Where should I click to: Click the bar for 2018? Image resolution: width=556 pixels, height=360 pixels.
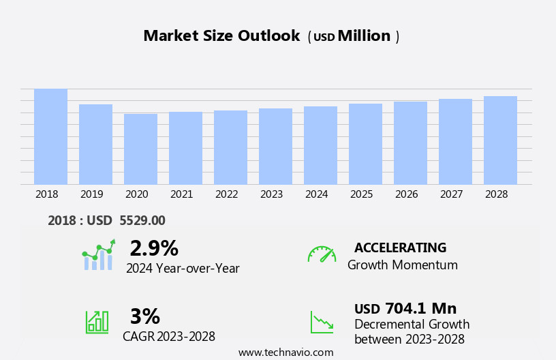click(x=51, y=136)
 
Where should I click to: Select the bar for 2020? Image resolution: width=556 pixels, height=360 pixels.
click(x=140, y=149)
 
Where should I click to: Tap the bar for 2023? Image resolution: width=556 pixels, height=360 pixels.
click(x=275, y=146)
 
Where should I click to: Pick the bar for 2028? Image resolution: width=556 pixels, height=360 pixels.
click(x=500, y=140)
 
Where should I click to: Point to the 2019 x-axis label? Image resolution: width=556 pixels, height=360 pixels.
click(x=91, y=194)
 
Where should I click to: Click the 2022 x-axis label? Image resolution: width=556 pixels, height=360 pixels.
click(x=226, y=194)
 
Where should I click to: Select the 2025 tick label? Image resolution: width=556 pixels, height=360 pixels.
click(x=361, y=194)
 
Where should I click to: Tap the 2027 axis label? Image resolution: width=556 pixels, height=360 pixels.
click(x=451, y=194)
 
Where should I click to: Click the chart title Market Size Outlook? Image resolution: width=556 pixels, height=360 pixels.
click(x=221, y=36)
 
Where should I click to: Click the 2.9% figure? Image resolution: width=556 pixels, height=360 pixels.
click(x=154, y=248)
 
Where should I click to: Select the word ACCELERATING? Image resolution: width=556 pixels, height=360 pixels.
click(x=400, y=247)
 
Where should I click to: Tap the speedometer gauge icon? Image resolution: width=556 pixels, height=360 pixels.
click(x=322, y=254)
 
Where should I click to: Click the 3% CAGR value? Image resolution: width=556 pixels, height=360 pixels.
click(x=144, y=316)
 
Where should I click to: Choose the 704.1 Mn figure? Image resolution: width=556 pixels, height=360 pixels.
click(x=420, y=309)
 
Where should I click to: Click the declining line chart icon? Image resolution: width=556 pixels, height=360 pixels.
click(x=322, y=322)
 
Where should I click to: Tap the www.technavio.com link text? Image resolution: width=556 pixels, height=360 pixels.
click(x=285, y=352)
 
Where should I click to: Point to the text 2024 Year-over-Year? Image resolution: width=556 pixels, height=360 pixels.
click(x=183, y=269)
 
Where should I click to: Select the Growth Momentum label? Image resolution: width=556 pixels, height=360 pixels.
click(x=402, y=265)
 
